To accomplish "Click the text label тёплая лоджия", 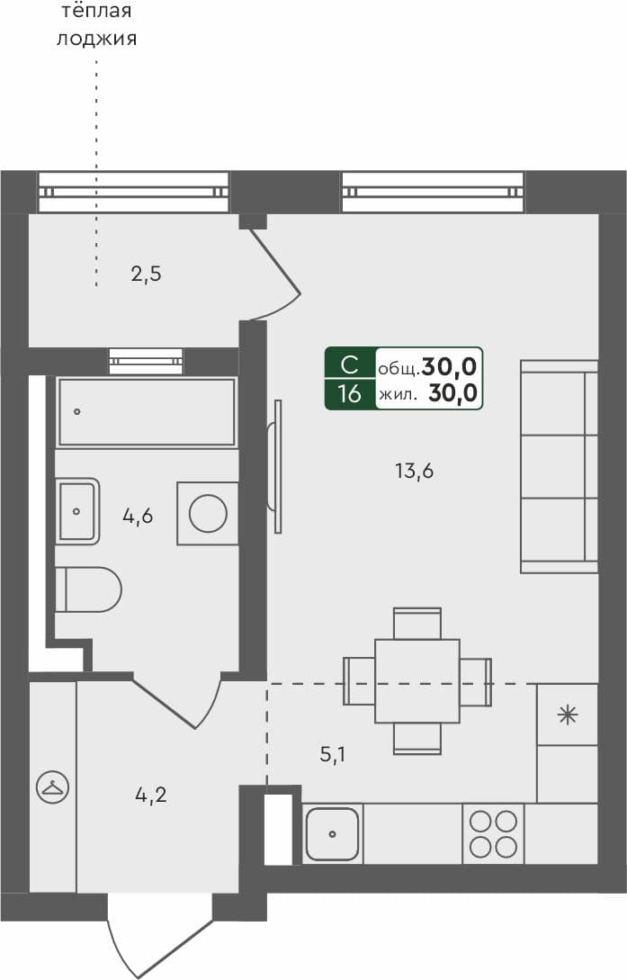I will click(x=96, y=25).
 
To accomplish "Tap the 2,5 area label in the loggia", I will click(x=146, y=274).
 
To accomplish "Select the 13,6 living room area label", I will click(x=414, y=470).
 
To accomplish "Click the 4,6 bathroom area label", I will click(x=138, y=516).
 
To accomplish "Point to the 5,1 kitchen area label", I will click(x=333, y=755).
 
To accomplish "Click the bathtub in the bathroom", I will click(x=147, y=412).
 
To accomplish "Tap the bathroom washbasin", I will click(x=78, y=511).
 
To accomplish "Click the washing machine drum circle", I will click(x=208, y=514).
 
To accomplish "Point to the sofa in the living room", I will click(x=559, y=466).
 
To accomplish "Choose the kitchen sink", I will click(x=332, y=834).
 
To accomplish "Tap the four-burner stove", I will click(x=493, y=833).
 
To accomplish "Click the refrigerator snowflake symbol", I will click(x=567, y=715).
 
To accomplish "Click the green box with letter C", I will click(x=350, y=365).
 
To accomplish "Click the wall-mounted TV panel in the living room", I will click(x=276, y=455).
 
